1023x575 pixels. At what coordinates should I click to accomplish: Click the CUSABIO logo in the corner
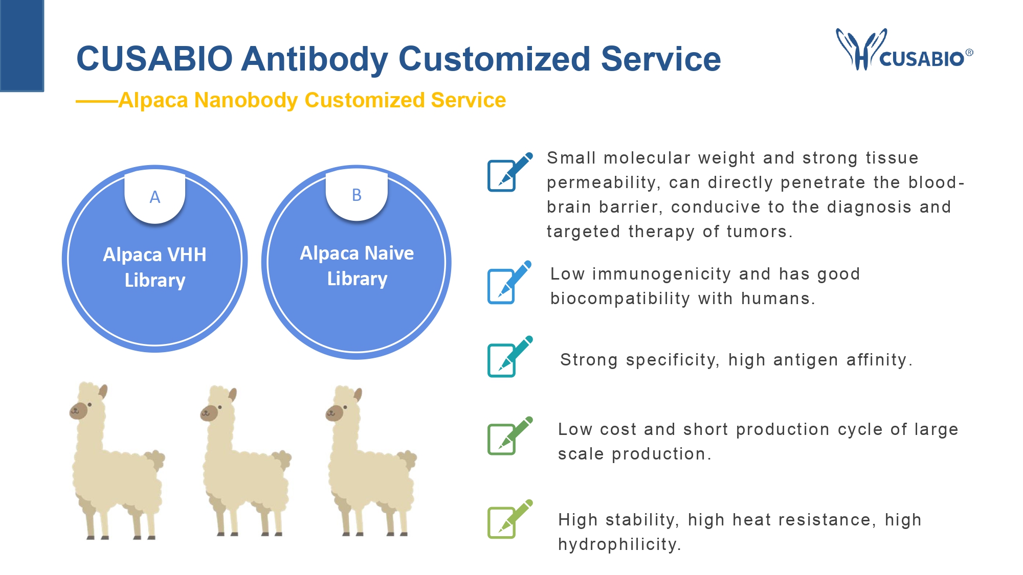904,50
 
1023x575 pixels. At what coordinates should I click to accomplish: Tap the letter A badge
155,197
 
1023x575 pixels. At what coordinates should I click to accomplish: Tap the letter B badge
357,195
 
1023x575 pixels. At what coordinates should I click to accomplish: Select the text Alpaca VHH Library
155,267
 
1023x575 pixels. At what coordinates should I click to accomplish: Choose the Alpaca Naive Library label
357,266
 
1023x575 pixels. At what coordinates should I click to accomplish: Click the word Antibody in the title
314,59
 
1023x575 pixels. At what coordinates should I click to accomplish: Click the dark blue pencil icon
510,172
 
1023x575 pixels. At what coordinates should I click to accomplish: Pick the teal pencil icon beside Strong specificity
510,356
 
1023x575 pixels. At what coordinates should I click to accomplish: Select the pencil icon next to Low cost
510,435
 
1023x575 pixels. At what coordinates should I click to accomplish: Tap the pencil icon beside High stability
510,519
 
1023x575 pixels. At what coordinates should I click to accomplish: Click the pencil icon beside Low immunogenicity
509,282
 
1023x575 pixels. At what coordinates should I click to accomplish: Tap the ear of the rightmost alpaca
358,395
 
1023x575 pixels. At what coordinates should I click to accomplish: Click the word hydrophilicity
619,544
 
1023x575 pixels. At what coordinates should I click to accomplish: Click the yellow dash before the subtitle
97,102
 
